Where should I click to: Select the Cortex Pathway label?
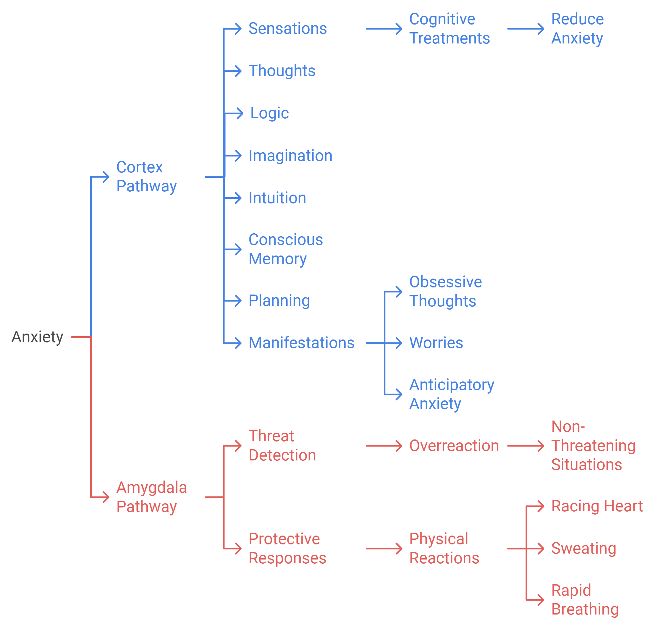tap(146, 177)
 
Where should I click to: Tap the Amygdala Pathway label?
tap(151, 497)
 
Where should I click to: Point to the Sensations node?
tap(287, 28)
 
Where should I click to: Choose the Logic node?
tap(269, 113)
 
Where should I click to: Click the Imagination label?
tap(290, 156)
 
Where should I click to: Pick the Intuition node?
tap(277, 198)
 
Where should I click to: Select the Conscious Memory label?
tap(286, 249)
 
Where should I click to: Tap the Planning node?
tap(279, 300)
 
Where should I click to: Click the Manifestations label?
tap(301, 343)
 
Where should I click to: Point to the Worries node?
tap(436, 343)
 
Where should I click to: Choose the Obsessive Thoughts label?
tap(445, 292)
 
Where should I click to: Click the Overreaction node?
tap(454, 446)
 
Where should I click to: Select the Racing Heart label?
tap(597, 506)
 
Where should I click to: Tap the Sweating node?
tap(583, 549)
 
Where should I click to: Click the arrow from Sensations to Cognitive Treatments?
tap(384, 29)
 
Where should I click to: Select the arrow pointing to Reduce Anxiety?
tap(525, 29)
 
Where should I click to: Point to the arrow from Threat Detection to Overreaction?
tap(384, 446)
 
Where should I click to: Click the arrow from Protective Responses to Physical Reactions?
tap(384, 549)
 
